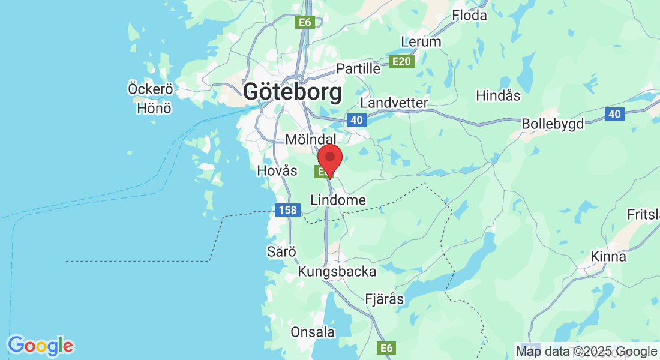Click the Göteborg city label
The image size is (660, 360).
click(292, 92)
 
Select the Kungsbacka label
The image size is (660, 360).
click(337, 272)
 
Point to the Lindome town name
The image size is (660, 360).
click(338, 200)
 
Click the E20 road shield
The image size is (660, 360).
click(401, 61)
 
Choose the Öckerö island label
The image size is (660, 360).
click(151, 89)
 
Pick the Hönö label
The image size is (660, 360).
click(154, 109)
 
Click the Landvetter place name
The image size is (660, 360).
click(394, 103)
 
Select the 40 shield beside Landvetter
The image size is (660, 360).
click(356, 120)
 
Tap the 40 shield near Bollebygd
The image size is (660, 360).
click(614, 114)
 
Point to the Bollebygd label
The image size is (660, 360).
click(553, 124)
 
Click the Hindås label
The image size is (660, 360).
click(498, 95)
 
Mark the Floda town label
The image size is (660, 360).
click(470, 16)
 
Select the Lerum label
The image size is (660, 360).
click(421, 42)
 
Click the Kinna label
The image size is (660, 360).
click(608, 257)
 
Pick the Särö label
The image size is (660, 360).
click(282, 252)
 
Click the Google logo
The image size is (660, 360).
click(40, 346)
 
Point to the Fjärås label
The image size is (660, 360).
click(385, 299)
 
